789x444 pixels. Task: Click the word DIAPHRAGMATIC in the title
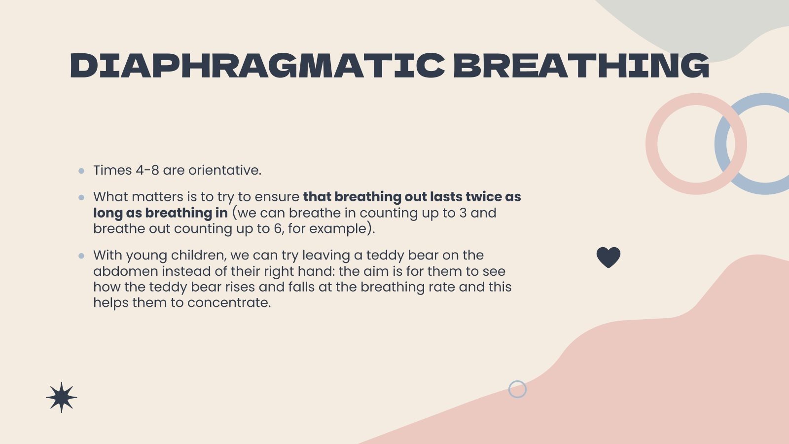(x=257, y=66)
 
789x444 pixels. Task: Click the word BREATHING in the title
(x=580, y=66)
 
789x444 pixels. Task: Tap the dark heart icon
(x=608, y=257)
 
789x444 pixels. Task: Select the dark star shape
(x=61, y=397)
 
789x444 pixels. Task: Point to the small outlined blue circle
(x=517, y=389)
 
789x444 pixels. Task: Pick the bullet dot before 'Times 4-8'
(x=81, y=171)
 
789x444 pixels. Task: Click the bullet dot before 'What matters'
(x=81, y=197)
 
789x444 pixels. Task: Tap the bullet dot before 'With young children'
(x=81, y=256)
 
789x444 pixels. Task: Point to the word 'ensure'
(x=277, y=197)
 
